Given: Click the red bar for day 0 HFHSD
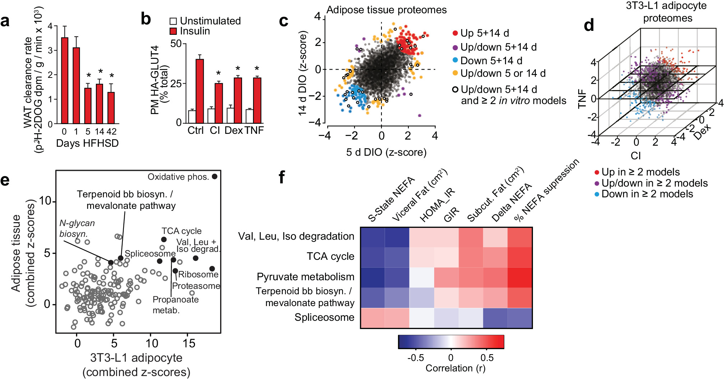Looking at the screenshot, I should click(65, 80).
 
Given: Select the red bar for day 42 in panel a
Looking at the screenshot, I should click(111, 108).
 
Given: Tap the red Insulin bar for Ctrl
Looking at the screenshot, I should click(200, 91).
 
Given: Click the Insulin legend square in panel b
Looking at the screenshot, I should click(173, 31).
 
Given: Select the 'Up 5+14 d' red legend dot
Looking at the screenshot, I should click(455, 33).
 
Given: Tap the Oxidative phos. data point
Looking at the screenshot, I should click(215, 177).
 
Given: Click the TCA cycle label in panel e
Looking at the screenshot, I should click(181, 231).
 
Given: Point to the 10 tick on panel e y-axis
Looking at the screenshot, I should click(45, 201).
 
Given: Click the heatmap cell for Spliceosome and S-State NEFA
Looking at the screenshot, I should click(372, 318).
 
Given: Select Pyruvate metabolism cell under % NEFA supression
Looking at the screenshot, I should click(520, 277).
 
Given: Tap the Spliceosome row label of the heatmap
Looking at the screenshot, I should click(324, 318).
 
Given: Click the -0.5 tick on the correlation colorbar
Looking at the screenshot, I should click(416, 358).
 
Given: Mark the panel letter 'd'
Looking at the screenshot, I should click(589, 25).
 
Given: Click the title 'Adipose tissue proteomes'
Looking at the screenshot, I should click(386, 10).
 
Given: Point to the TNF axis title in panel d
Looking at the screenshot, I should click(582, 99).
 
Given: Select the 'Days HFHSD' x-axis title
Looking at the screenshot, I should click(87, 143).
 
